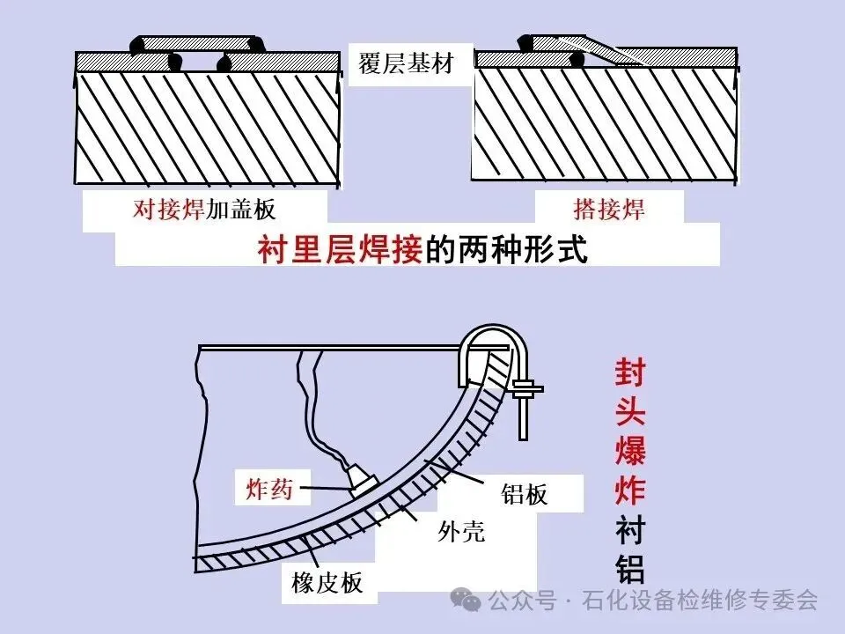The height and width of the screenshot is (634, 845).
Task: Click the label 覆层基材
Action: click(406, 64)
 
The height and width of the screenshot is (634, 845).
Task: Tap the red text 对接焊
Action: click(169, 210)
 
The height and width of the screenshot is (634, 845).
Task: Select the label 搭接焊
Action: click(609, 210)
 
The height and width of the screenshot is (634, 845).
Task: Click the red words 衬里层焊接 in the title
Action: click(341, 250)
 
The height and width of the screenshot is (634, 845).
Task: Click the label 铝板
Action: click(525, 494)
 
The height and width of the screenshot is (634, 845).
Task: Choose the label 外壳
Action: click(461, 531)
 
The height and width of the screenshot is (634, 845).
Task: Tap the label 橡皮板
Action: click(327, 582)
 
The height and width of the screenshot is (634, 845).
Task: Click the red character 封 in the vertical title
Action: click(630, 376)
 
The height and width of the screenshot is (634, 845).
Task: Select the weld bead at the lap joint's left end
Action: click(525, 41)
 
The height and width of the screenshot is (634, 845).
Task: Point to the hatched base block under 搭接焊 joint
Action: click(604, 123)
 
